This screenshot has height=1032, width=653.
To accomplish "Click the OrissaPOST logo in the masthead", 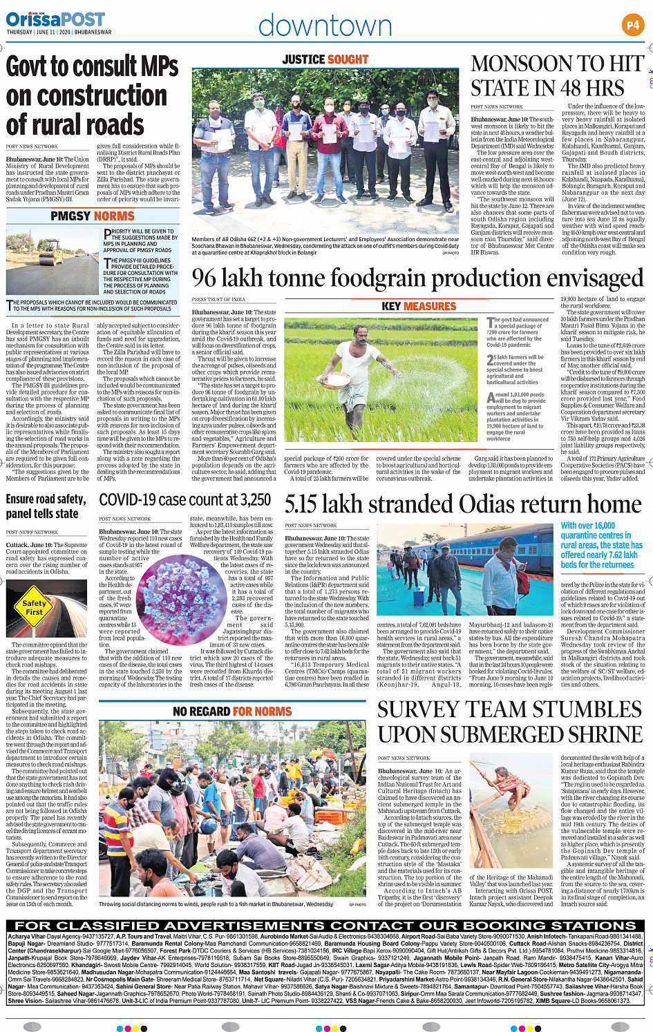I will tap(55, 19).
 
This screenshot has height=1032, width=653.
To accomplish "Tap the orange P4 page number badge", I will tap(632, 26).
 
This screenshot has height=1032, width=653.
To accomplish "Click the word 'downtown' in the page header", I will tap(325, 26).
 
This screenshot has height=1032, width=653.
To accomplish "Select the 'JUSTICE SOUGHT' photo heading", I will tap(325, 60).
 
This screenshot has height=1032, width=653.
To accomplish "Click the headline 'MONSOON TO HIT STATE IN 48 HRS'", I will tap(557, 76).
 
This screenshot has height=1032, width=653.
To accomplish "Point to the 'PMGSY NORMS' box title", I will tap(93, 216).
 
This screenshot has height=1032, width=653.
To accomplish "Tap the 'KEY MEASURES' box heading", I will tap(419, 306).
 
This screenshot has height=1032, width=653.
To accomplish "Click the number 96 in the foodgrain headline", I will tap(205, 278).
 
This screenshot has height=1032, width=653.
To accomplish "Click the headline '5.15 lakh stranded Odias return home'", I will tap(463, 504).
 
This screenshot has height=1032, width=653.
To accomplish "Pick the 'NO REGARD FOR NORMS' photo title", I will tap(232, 711).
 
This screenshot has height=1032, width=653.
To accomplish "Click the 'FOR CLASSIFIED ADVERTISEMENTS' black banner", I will tap(325, 926).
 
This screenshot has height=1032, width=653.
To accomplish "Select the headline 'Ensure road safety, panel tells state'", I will tap(46, 506).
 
